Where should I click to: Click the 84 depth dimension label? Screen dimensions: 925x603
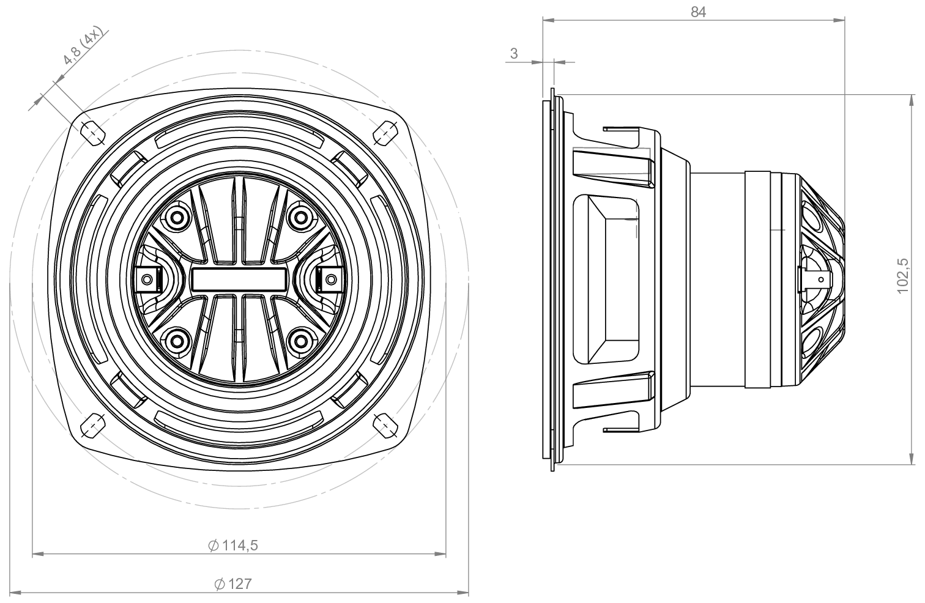(x=698, y=12)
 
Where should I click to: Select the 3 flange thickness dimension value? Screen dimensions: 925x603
(x=514, y=54)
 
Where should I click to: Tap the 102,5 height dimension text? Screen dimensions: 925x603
(x=903, y=276)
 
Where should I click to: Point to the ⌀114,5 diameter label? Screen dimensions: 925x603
(x=233, y=546)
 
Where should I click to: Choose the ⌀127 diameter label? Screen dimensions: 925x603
(x=233, y=583)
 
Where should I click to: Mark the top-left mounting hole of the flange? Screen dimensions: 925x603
(x=92, y=131)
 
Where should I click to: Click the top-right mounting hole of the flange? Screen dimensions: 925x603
(x=385, y=132)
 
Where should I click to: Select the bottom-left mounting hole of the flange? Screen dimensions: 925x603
(x=92, y=424)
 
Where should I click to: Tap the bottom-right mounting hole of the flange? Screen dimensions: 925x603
(x=385, y=424)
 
